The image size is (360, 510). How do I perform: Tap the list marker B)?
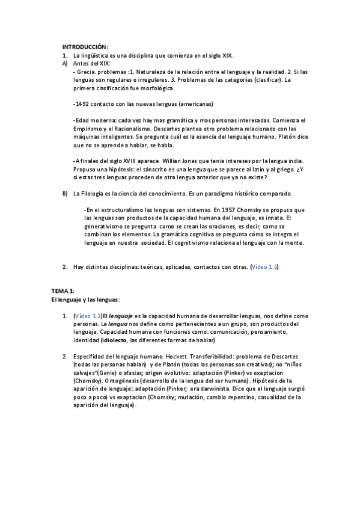click(65, 194)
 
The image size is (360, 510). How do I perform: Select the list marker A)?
click(65, 63)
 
